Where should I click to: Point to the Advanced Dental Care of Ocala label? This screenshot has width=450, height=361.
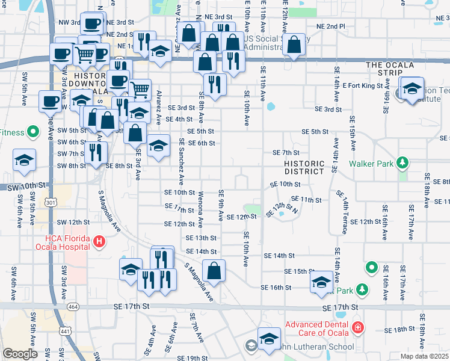click(x=316, y=329)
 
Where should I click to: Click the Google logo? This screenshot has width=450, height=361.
click(x=20, y=354)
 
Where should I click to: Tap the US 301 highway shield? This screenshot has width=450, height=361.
click(x=51, y=204)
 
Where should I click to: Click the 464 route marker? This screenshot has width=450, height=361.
click(x=73, y=307)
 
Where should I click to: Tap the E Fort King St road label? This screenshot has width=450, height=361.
click(x=363, y=85)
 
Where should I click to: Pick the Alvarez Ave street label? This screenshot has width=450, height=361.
click(x=159, y=107)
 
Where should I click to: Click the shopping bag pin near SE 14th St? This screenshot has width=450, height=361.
click(x=214, y=271)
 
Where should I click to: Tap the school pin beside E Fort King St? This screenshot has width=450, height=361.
click(x=412, y=88)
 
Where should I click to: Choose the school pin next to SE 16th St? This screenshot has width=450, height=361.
click(x=322, y=282)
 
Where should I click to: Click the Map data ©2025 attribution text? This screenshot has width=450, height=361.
click(x=424, y=356)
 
